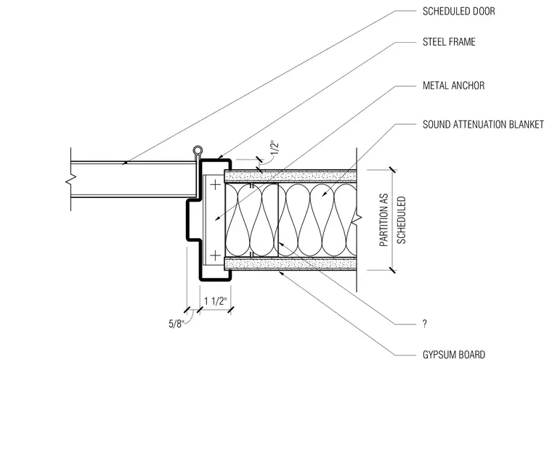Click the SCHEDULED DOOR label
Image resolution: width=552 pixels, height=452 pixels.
459,12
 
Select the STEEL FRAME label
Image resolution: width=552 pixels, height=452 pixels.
449,42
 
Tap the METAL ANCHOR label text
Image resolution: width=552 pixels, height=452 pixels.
453,86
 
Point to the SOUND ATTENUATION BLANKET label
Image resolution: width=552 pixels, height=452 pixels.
483,125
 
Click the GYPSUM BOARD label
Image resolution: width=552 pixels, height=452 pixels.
454,355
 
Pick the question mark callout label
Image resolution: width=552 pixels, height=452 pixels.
425,324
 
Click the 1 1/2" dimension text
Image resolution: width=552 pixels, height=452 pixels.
216,301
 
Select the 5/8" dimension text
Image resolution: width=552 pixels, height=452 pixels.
176,324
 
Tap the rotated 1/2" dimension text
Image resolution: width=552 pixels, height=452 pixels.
275,148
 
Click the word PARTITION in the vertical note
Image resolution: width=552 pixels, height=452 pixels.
383,220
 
